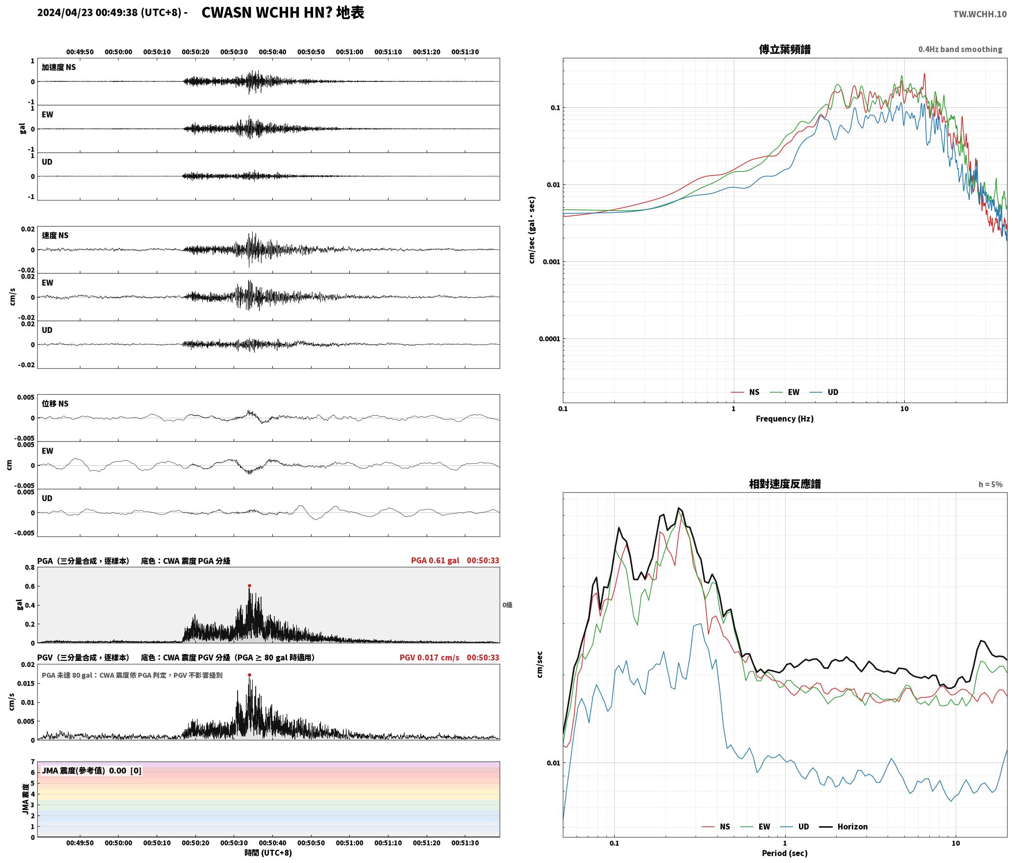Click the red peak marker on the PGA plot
tap(249, 585)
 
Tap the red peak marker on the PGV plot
tap(249, 675)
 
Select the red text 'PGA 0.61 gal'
tap(435, 560)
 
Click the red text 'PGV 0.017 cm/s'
tap(430, 658)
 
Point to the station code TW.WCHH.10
tap(980, 14)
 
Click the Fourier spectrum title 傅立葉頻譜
tap(785, 49)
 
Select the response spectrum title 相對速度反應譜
tap(785, 484)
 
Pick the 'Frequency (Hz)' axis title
tap(785, 418)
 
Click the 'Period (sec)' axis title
tap(785, 853)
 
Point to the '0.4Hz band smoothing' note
tap(960, 49)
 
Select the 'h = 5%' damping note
tap(990, 484)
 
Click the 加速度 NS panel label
tap(59, 67)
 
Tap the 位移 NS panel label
tap(55, 404)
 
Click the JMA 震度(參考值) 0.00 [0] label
tap(92, 770)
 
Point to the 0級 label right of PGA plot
tap(507, 605)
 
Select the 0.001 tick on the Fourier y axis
tap(551, 262)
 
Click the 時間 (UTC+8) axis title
tap(268, 853)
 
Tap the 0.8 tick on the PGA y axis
tap(30, 568)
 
